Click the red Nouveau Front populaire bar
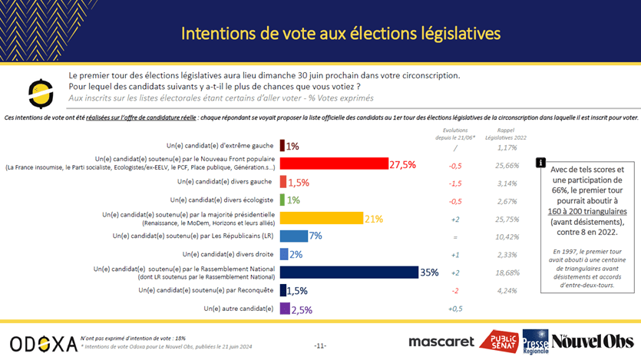(333, 163)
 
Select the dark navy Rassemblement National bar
(349, 272)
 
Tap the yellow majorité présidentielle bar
(321, 218)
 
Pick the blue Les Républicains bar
(294, 236)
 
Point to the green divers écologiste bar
(283, 200)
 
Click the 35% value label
(430, 272)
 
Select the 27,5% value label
(404, 163)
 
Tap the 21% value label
(374, 218)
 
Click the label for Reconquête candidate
(206, 290)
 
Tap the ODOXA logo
(43, 342)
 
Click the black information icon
(541, 163)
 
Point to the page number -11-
(320, 345)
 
